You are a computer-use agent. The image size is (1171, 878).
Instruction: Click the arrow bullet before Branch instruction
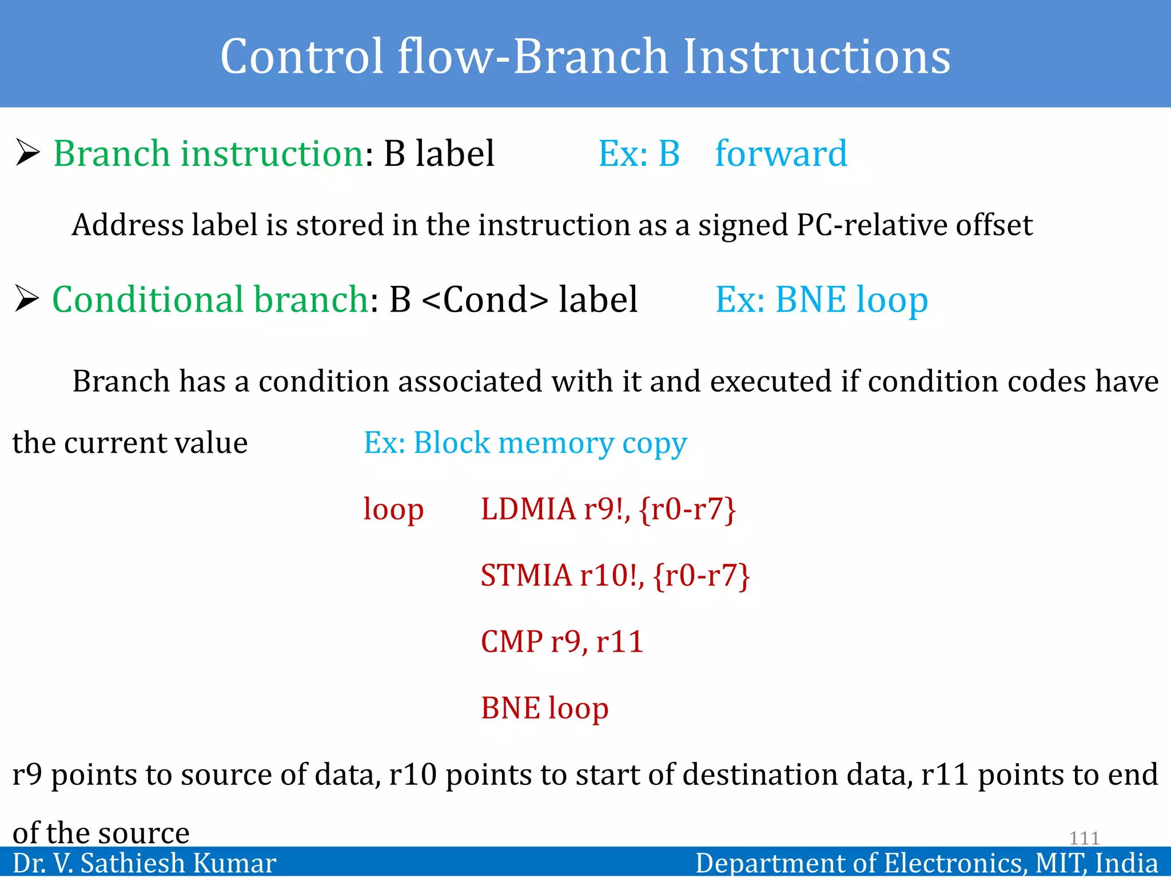(x=27, y=153)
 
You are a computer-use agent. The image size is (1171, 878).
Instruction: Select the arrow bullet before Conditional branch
(x=27, y=299)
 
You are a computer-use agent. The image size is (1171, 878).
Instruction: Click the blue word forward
(x=781, y=154)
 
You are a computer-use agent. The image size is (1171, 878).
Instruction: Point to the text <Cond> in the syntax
(x=485, y=300)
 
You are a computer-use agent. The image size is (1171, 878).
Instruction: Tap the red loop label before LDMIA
(x=393, y=509)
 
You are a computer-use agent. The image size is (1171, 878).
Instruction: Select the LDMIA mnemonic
(x=528, y=509)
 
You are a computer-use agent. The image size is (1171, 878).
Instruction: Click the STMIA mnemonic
(x=526, y=575)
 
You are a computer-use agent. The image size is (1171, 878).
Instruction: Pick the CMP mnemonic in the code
(x=512, y=641)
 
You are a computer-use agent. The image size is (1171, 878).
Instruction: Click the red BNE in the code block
(x=510, y=708)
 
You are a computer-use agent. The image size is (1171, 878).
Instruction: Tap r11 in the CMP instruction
(x=620, y=641)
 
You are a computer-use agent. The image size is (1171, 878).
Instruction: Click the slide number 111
(x=1084, y=838)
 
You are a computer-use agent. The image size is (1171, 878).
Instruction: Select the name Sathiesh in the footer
(x=136, y=863)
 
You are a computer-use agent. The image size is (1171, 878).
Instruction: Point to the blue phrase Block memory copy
(x=550, y=444)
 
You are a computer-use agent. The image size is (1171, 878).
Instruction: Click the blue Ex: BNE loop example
(x=822, y=300)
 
